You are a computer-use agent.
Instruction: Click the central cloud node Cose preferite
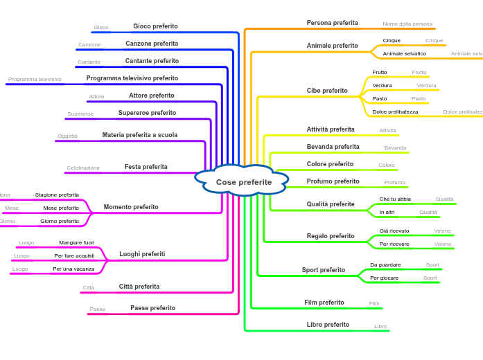coord(243,181)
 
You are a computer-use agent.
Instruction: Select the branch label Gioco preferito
coord(155,26)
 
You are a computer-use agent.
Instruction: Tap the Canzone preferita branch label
coord(152,44)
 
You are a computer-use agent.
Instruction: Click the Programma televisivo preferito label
coord(132,78)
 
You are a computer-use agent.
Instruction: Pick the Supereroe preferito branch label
coord(147,113)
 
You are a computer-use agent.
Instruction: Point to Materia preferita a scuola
coord(139,135)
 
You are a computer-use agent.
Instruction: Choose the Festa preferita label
coord(146,167)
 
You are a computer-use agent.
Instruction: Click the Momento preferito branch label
coord(131,207)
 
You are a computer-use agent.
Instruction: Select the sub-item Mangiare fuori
coord(76,243)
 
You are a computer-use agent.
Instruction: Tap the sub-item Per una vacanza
coord(73,269)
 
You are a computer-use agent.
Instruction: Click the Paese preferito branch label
coord(152,308)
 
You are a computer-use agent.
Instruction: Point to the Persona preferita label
coord(332,23)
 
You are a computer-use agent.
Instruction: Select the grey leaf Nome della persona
coord(407,24)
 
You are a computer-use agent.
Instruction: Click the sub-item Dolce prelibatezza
coord(395,111)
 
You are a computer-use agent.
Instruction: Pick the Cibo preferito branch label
coord(327,91)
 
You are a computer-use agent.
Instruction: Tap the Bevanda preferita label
coord(333,147)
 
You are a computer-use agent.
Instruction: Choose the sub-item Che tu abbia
coord(395,199)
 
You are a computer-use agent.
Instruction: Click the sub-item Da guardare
coord(385,264)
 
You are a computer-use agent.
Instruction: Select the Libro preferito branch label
coord(328,325)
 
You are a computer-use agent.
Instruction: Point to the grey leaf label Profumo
coord(394,182)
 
